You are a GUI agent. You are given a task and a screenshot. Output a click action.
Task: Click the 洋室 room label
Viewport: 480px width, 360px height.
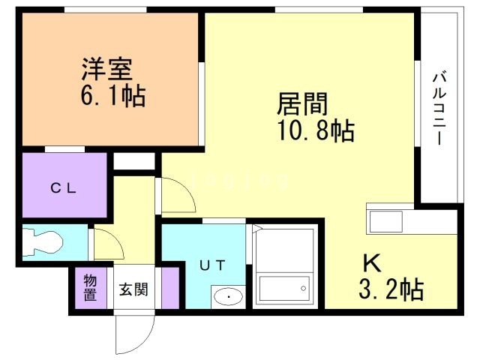(106, 69)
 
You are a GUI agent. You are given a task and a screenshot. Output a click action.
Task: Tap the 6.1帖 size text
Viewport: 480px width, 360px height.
(113, 95)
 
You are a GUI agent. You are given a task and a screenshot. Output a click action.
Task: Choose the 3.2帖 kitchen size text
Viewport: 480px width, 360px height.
(391, 289)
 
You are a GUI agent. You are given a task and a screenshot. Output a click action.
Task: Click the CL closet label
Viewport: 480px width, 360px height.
(64, 188)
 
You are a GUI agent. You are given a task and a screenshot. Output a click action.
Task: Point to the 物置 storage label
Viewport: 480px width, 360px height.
(90, 288)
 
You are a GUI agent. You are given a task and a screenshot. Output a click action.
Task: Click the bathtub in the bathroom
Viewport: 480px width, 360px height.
(284, 287)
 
